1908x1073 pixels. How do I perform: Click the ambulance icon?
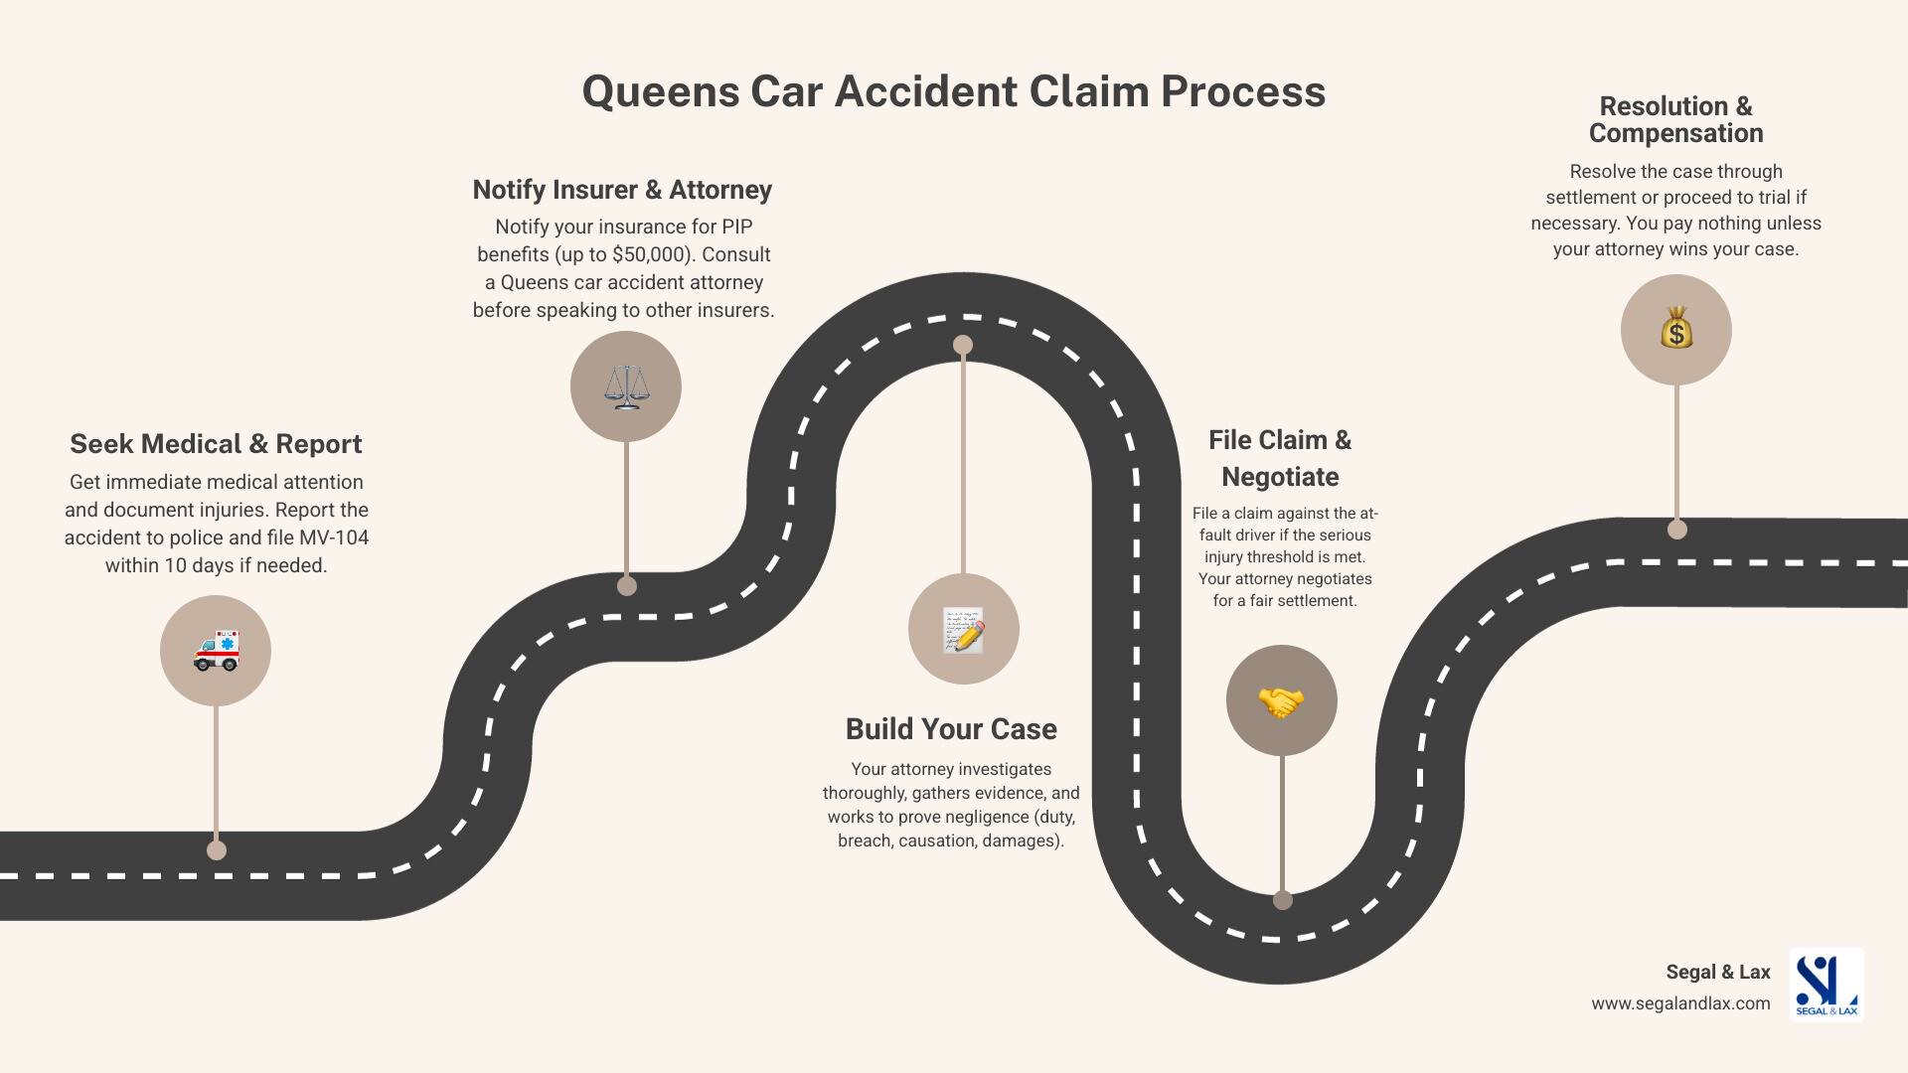point(216,651)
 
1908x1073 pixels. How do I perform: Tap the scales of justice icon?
point(626,386)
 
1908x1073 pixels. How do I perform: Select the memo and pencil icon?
point(963,630)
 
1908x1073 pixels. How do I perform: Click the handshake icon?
point(1281,701)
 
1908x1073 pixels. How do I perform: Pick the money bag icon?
point(1676,329)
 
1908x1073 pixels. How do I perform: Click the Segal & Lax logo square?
point(1827,985)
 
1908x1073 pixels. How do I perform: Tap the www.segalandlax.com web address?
point(1680,1003)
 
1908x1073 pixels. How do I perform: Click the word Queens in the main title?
point(660,91)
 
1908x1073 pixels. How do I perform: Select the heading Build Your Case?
point(951,729)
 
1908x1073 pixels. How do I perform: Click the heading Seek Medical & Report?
point(216,444)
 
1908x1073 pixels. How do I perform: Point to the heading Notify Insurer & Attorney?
point(622,190)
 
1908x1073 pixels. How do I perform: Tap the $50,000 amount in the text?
point(649,254)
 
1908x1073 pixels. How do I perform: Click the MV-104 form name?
point(334,537)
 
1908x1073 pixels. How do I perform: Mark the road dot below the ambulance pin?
point(217,850)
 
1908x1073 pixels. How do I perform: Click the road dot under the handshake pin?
point(1283,900)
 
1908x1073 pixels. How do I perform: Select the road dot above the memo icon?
point(963,345)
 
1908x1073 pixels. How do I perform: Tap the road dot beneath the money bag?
point(1677,530)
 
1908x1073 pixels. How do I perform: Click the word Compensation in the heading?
point(1675,133)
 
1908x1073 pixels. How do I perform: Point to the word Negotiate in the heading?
point(1280,477)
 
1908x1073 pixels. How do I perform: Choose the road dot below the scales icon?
point(627,586)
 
